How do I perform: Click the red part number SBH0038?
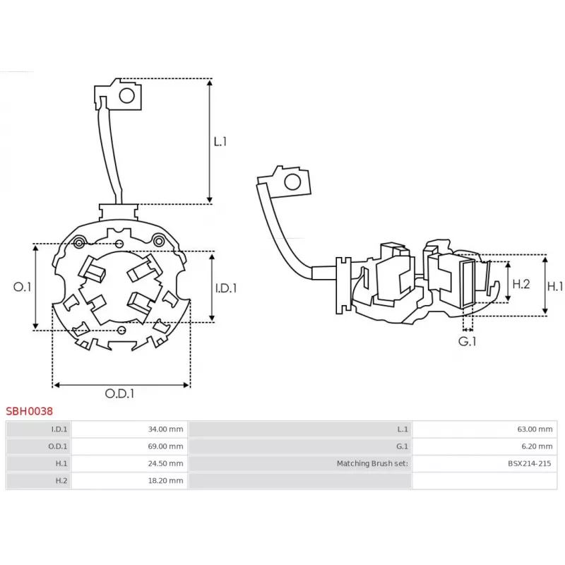[29, 410]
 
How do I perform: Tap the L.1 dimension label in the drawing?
[220, 141]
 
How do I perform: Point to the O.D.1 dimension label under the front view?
[120, 394]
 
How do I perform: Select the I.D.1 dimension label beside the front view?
[225, 287]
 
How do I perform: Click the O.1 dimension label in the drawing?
[23, 287]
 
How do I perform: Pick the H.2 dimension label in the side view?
[521, 284]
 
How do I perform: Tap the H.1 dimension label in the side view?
[556, 286]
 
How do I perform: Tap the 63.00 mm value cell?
[535, 429]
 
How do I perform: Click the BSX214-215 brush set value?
[528, 463]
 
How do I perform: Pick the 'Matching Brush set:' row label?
[372, 463]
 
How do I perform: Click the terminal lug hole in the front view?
[128, 95]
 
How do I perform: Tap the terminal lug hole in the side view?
[291, 183]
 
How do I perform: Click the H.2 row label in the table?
[61, 481]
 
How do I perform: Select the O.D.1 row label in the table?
[59, 446]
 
